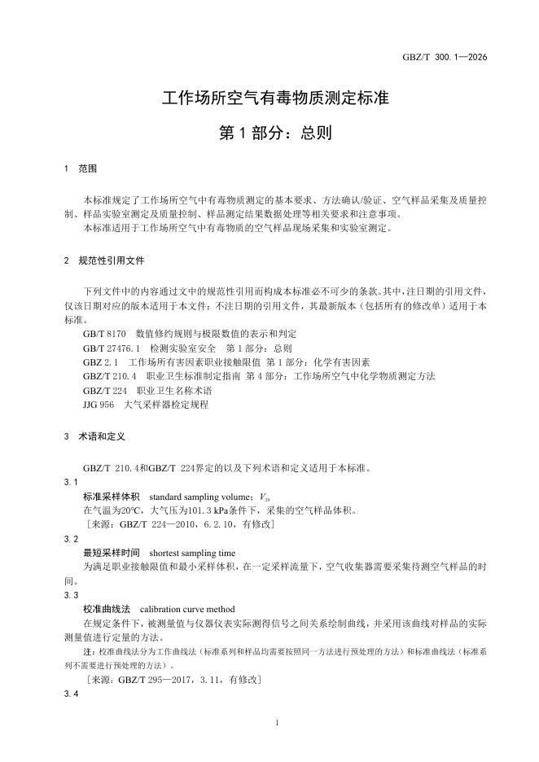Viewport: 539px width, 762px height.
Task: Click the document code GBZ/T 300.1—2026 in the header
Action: pyautogui.click(x=445, y=57)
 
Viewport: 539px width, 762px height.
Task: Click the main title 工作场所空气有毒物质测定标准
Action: pyautogui.click(x=275, y=99)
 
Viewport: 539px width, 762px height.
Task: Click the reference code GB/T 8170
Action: pyautogui.click(x=104, y=335)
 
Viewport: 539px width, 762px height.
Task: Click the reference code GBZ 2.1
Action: pyautogui.click(x=101, y=362)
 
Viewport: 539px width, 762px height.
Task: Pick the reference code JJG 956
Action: pyautogui.click(x=99, y=404)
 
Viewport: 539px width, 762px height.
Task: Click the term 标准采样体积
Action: pyautogui.click(x=112, y=496)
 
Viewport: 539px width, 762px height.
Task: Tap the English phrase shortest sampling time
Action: pyautogui.click(x=192, y=552)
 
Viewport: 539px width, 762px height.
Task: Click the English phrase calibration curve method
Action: pyautogui.click(x=187, y=608)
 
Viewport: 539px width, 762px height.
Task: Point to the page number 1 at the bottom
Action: pyautogui.click(x=278, y=723)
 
